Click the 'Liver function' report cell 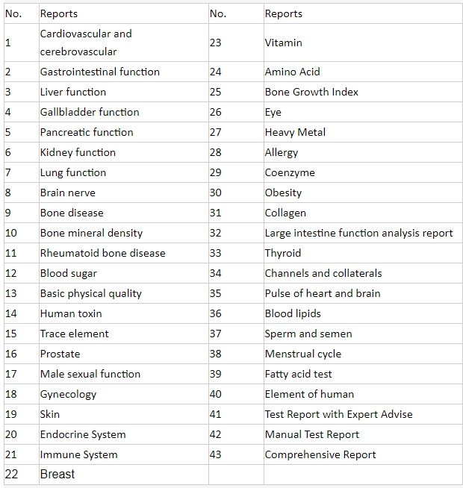coord(73,92)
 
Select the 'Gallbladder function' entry coord(90,112)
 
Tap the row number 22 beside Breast coord(11,474)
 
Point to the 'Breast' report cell coord(58,474)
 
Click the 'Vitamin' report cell coord(284,43)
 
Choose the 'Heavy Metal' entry coord(295,132)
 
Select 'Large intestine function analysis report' coord(358,233)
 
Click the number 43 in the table coord(216,454)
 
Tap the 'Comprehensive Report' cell coord(320,454)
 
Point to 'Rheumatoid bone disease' coord(103,253)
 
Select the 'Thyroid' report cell coord(283,253)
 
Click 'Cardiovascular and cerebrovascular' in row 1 coord(86,43)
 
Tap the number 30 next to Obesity coord(216,193)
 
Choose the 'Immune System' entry coord(78,454)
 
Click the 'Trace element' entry coord(74,334)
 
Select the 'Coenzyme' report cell coord(290,172)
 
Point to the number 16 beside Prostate coord(11,354)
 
